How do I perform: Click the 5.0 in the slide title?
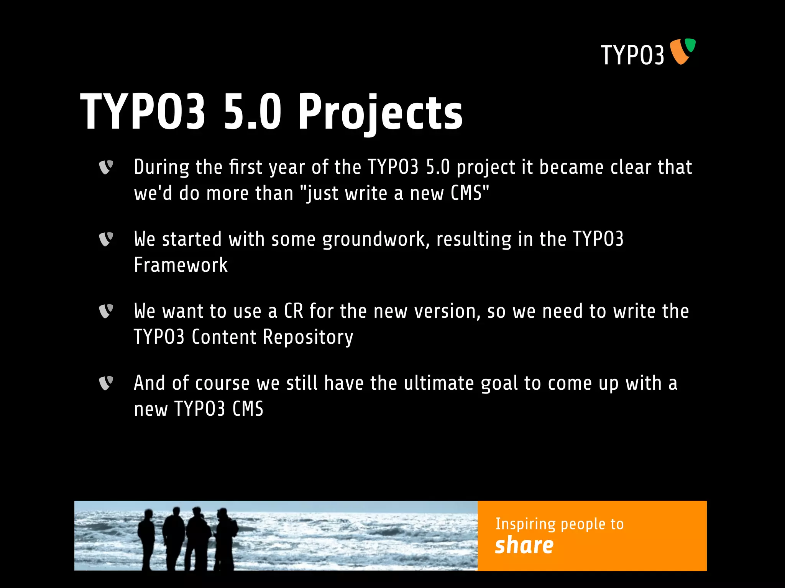pyautogui.click(x=253, y=113)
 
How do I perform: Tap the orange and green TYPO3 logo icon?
pyautogui.click(x=682, y=51)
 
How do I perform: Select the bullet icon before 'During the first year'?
pyautogui.click(x=106, y=167)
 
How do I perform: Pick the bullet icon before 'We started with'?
pyautogui.click(x=106, y=239)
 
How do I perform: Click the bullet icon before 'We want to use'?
pyautogui.click(x=106, y=311)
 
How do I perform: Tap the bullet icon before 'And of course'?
pyautogui.click(x=106, y=383)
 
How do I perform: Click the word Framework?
pyautogui.click(x=181, y=265)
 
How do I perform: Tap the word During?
pyautogui.click(x=161, y=167)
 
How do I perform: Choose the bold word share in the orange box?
pyautogui.click(x=524, y=545)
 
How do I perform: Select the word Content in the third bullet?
pyautogui.click(x=224, y=337)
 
